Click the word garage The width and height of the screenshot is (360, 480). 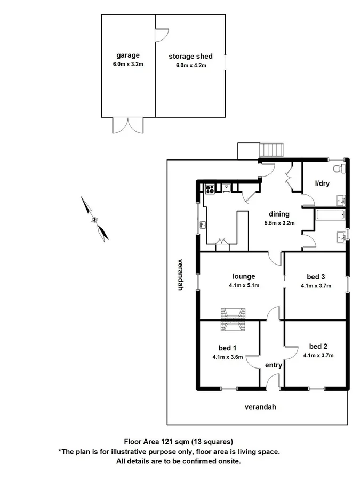pyautogui.click(x=128, y=55)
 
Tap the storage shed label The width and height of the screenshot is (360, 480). pyautogui.click(x=190, y=56)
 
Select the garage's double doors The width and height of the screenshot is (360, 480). pyautogui.click(x=128, y=125)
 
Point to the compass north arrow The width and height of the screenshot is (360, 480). pyautogui.click(x=94, y=219)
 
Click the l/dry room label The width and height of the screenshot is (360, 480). pyautogui.click(x=322, y=183)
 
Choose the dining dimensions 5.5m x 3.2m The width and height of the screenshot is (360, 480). pyautogui.click(x=279, y=223)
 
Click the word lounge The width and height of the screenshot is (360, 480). pyautogui.click(x=243, y=276)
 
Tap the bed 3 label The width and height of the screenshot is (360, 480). pyautogui.click(x=316, y=276)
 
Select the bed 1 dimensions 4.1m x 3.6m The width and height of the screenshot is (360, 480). pyautogui.click(x=227, y=358)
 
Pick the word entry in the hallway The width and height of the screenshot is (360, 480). pyautogui.click(x=274, y=365)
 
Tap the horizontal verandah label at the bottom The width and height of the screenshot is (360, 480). pyautogui.click(x=260, y=407)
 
